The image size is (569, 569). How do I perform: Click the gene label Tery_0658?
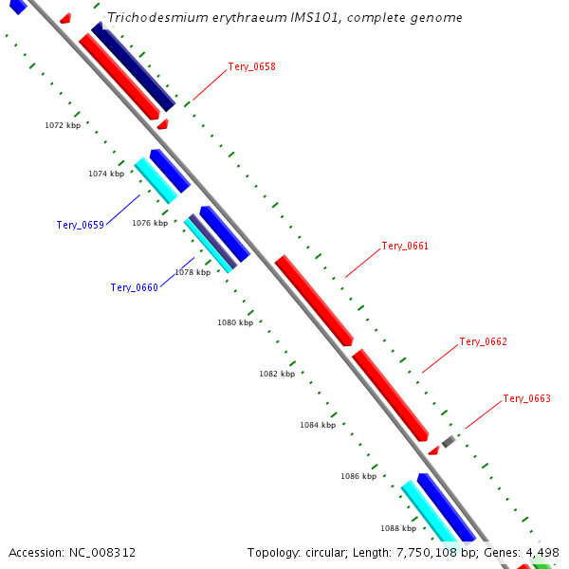[x=251, y=67]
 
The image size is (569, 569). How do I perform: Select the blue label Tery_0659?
[x=80, y=225]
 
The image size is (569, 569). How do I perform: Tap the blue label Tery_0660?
[x=134, y=287]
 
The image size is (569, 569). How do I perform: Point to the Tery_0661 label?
[x=405, y=246]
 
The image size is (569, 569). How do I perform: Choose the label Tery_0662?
[x=483, y=341]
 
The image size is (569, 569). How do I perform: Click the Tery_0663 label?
[x=526, y=398]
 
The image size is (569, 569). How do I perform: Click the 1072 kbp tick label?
[x=63, y=125]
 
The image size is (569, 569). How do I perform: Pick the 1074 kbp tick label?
[x=106, y=174]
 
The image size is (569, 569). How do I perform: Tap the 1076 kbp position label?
[x=149, y=223]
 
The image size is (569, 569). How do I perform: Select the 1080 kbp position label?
[x=235, y=322]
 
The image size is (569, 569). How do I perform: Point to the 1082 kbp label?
[x=277, y=374]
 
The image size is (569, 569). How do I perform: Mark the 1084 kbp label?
[x=318, y=425]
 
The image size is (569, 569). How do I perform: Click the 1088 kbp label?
[x=398, y=528]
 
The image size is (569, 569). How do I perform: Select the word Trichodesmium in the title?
[x=148, y=18]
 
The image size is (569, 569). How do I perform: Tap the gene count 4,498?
[x=541, y=552]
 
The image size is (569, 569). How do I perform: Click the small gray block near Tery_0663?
[x=449, y=441]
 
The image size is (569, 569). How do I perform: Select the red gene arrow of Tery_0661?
[x=314, y=300]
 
